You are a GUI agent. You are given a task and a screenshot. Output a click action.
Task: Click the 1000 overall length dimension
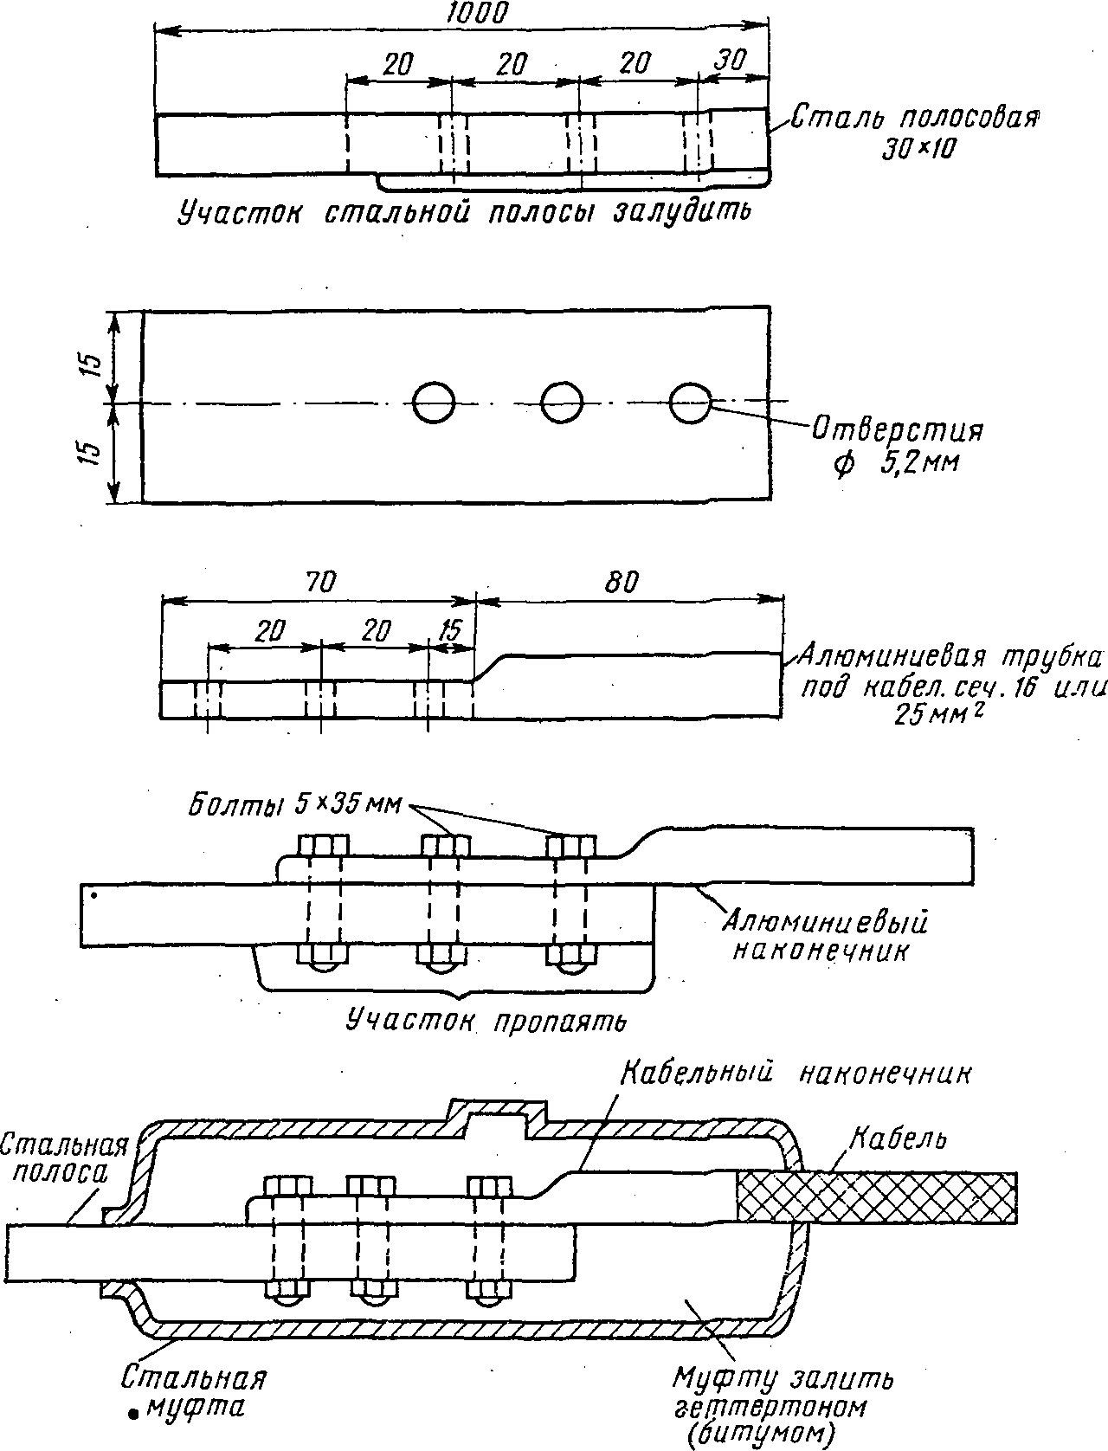476,13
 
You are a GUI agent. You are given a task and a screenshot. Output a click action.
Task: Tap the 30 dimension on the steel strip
730,60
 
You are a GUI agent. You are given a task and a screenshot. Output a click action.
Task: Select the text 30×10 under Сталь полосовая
919,151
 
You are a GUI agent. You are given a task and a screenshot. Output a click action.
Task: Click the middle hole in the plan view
562,402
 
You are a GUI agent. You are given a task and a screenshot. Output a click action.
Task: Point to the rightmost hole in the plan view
691,402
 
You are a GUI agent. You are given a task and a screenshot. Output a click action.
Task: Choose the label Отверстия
898,429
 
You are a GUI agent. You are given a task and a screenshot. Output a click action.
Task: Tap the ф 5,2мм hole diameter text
895,463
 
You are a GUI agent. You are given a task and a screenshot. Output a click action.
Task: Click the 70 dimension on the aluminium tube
321,582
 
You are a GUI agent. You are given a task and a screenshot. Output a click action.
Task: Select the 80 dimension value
621,582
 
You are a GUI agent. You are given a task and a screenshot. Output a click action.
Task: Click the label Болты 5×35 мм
294,806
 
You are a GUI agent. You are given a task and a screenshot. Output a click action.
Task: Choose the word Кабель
899,1139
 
